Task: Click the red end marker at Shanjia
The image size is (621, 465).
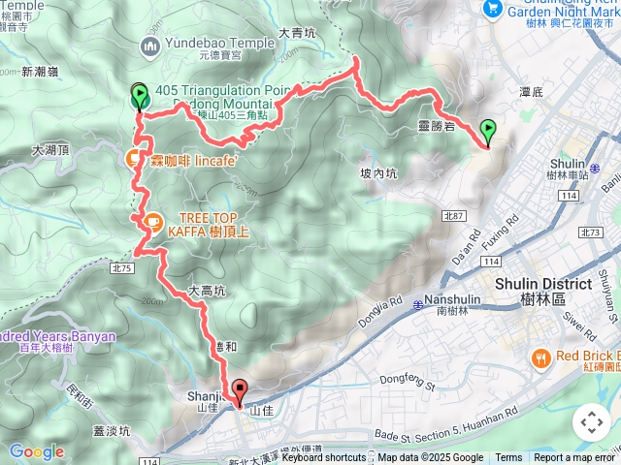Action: click(x=239, y=390)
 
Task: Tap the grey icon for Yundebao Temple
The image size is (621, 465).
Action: click(x=148, y=45)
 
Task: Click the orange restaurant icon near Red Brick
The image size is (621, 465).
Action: click(x=540, y=357)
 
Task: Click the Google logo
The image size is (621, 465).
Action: click(x=36, y=451)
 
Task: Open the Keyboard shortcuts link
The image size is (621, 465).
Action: click(x=323, y=458)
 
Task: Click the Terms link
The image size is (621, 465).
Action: click(x=508, y=458)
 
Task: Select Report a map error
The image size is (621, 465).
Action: click(x=574, y=458)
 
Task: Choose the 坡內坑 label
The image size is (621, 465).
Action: click(x=378, y=174)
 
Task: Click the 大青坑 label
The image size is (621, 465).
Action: click(x=298, y=33)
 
